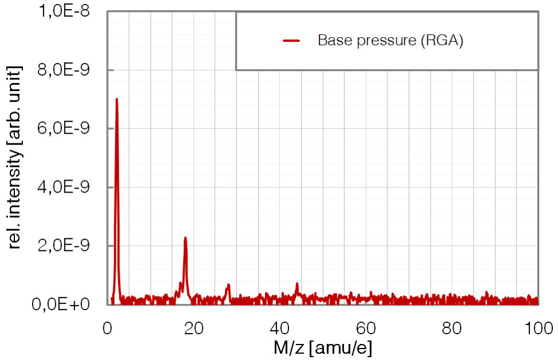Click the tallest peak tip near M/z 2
tap(116, 99)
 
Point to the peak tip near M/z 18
tap(185, 238)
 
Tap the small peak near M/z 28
tap(228, 285)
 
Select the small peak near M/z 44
tap(297, 284)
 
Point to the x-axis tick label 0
tap(108, 328)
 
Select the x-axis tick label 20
tap(194, 328)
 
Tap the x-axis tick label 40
tap(280, 328)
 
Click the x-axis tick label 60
tap(366, 328)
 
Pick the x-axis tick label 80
tap(452, 328)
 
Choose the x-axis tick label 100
tap(538, 328)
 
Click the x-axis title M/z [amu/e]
tap(322, 347)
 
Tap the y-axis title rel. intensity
tap(15, 157)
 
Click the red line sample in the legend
tap(292, 41)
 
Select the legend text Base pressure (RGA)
tap(390, 41)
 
